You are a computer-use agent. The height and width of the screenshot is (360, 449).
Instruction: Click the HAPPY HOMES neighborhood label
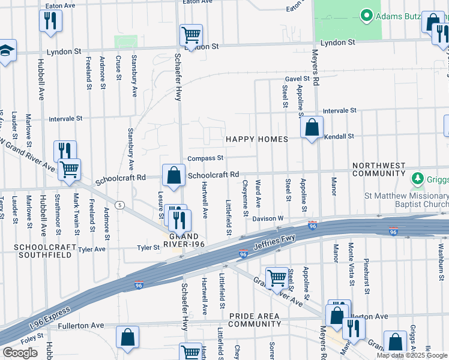pyautogui.click(x=256, y=139)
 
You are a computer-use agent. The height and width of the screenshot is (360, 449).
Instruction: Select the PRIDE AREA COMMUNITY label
pyautogui.click(x=255, y=319)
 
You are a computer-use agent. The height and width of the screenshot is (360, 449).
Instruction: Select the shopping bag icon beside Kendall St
pyautogui.click(x=312, y=127)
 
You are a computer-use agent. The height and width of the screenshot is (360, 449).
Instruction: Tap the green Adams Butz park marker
pyautogui.click(x=364, y=15)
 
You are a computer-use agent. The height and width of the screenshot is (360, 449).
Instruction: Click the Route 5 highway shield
pyautogui.click(x=120, y=206)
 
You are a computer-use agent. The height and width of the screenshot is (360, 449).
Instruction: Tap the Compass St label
pyautogui.click(x=205, y=158)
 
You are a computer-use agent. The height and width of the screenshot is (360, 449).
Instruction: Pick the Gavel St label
pyautogui.click(x=297, y=79)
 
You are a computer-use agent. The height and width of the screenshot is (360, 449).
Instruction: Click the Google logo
pyautogui.click(x=20, y=353)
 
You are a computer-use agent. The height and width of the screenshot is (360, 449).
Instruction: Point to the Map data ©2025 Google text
pyautogui.click(x=411, y=355)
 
